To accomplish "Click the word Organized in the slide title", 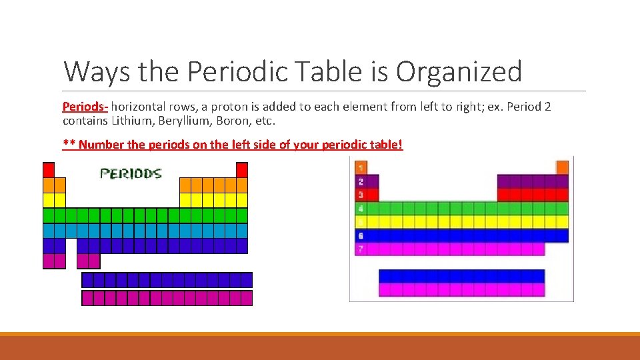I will [x=459, y=71].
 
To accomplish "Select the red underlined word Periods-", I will [x=85, y=107].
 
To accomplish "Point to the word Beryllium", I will [x=181, y=121].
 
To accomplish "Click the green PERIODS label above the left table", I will [x=131, y=173].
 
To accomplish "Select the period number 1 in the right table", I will [x=361, y=167].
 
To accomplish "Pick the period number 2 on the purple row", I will [x=361, y=181].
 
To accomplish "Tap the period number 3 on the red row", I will [x=361, y=195].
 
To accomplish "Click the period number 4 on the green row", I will [x=361, y=209].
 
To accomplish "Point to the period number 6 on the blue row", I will [x=361, y=236].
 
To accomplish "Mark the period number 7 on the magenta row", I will [x=361, y=249].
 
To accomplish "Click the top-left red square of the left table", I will [x=49, y=170].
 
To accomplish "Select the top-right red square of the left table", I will [x=242, y=170].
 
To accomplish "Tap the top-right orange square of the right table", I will [x=562, y=167].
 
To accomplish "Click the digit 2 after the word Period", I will [x=547, y=107].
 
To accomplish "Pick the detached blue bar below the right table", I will [x=461, y=276].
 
